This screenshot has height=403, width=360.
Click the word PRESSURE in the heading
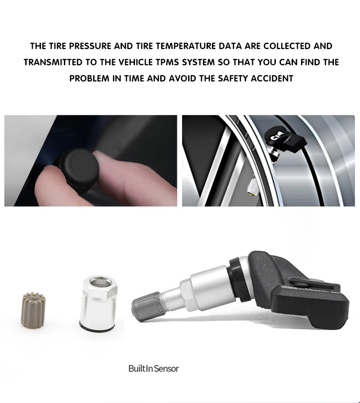click(x=90, y=46)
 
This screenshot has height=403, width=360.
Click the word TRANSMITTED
click(x=53, y=62)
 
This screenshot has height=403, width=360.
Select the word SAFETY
click(x=233, y=78)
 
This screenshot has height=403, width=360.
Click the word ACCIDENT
click(x=272, y=78)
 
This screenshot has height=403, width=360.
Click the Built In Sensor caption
click(x=153, y=369)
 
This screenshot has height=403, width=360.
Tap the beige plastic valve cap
click(x=33, y=311)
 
